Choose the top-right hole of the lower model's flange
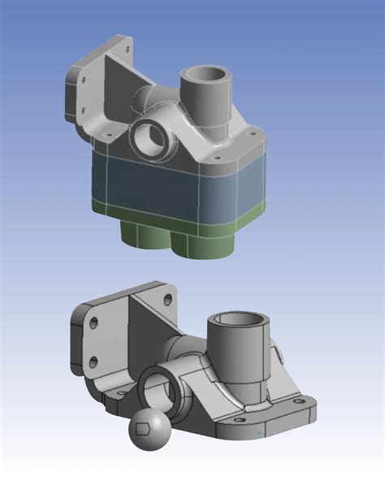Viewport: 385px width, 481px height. coord(167,297)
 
